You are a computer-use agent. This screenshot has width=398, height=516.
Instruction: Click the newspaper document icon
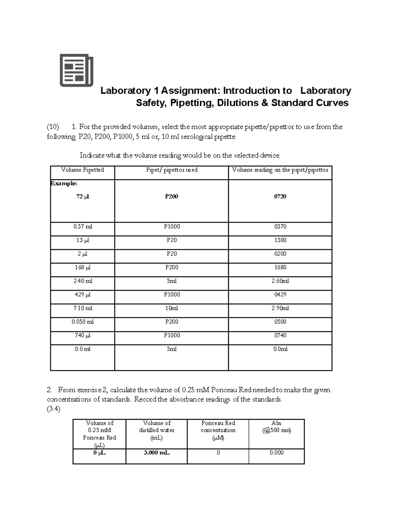coord(76,70)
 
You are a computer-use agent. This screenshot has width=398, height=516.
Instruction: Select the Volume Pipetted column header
coord(83,170)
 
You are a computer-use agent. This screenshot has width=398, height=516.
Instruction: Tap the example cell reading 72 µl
coord(83,197)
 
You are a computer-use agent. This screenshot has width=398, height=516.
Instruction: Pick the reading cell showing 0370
coord(280,227)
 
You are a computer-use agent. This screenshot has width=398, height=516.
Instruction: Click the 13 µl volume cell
coord(83,240)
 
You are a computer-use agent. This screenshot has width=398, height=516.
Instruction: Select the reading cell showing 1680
coord(280,267)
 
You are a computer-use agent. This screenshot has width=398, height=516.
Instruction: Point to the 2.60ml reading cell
coord(280,281)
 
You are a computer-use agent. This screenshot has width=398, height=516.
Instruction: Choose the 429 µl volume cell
coord(83,295)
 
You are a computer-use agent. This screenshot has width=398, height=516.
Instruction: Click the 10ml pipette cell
coord(171,308)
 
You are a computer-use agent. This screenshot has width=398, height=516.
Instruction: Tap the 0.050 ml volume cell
coord(83,322)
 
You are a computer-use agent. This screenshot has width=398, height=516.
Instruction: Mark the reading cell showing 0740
coord(280,336)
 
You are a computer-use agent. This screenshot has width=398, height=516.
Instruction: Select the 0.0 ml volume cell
coord(83,349)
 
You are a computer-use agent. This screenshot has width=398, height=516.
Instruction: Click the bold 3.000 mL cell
coord(157,453)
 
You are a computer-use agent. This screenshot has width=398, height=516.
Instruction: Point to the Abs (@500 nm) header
coord(276,427)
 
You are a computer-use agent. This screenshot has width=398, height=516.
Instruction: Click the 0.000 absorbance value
coord(277,453)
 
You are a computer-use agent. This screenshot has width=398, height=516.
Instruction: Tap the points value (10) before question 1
coord(53,127)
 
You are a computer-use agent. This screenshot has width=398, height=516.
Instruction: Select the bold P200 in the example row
coord(171,197)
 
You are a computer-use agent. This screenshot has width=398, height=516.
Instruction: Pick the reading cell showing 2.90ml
coord(280,308)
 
